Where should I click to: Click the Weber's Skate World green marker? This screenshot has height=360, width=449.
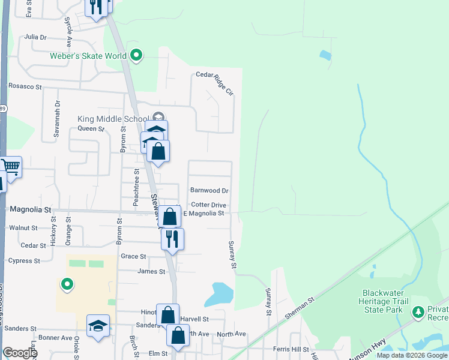(x=136, y=56)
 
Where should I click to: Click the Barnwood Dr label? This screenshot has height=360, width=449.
(x=209, y=190)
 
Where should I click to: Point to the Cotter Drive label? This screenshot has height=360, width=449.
(x=209, y=205)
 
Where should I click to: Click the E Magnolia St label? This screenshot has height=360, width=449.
(x=203, y=213)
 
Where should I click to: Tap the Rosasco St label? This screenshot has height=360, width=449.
(x=25, y=86)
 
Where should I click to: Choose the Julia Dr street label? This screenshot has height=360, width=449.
(x=35, y=37)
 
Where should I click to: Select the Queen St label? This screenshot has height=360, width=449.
(x=91, y=128)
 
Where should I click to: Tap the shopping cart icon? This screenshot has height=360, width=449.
(x=10, y=166)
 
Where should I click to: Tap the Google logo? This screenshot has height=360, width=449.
(x=20, y=353)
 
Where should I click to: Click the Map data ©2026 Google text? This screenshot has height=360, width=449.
(x=412, y=355)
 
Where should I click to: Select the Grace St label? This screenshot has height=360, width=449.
(x=133, y=256)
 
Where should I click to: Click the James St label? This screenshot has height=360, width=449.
(x=151, y=272)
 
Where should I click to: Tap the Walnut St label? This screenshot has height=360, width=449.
(x=23, y=228)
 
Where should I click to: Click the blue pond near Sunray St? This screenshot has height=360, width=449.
(x=219, y=294)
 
